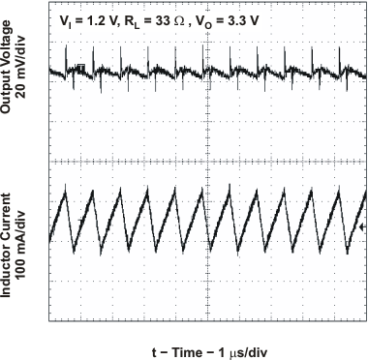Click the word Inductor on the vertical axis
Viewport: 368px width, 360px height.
click(x=9, y=264)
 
